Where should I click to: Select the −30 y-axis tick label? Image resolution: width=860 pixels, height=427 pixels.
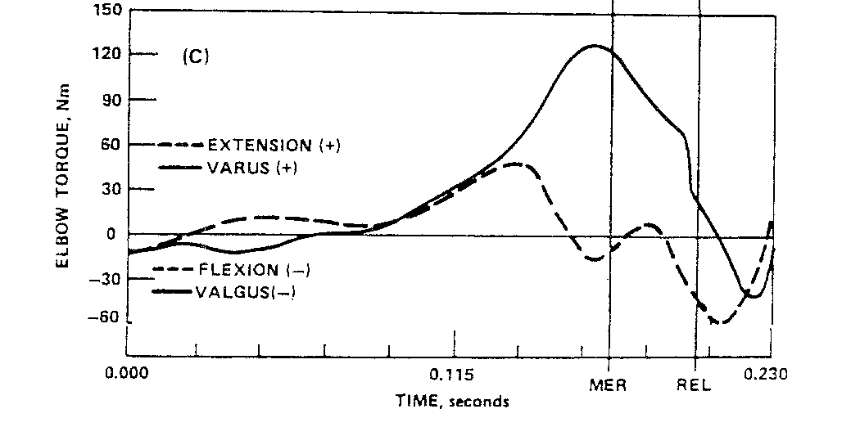(x=104, y=279)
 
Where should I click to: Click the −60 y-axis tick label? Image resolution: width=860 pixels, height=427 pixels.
(x=104, y=317)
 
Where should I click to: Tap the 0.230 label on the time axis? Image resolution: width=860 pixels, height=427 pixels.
(x=766, y=374)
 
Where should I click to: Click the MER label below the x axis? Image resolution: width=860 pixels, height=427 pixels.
(x=609, y=385)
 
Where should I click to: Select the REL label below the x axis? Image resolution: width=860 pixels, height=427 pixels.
(x=695, y=385)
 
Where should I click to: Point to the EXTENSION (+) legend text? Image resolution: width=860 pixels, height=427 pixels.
(x=274, y=146)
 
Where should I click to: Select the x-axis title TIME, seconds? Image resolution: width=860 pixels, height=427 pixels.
(x=452, y=402)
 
